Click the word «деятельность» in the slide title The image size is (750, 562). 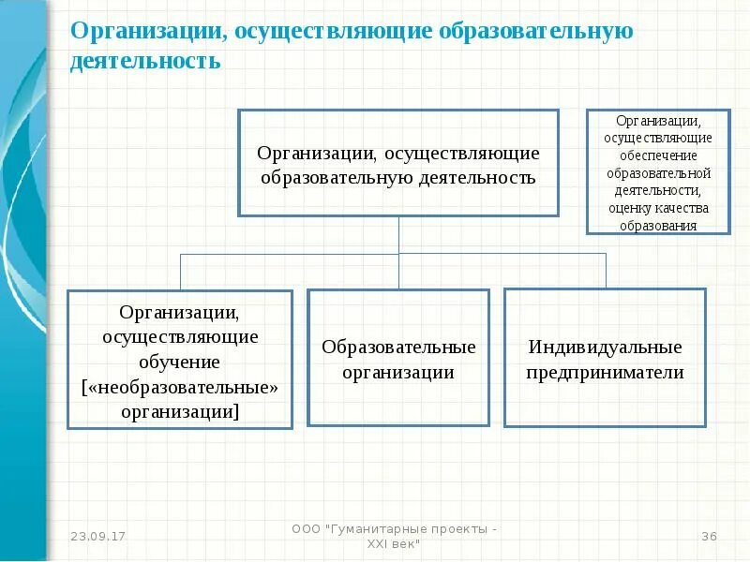pos(144,62)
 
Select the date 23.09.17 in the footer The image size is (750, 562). pos(98,537)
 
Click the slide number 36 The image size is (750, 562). pos(709,537)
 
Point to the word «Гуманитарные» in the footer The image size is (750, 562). pos(373,530)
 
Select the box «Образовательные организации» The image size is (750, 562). pos(398,358)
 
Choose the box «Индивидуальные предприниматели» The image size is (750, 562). pos(605,358)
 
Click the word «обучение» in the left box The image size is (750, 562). pos(181,361)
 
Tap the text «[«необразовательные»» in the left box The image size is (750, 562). pos(181,386)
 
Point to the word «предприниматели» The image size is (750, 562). pos(605,372)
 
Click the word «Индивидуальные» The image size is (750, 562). pos(605,348)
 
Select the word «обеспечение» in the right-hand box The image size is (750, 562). pos(658,155)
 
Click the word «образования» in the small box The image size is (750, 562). pos(658,225)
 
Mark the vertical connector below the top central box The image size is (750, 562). pos(399,235)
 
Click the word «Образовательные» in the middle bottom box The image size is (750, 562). pos(398,348)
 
